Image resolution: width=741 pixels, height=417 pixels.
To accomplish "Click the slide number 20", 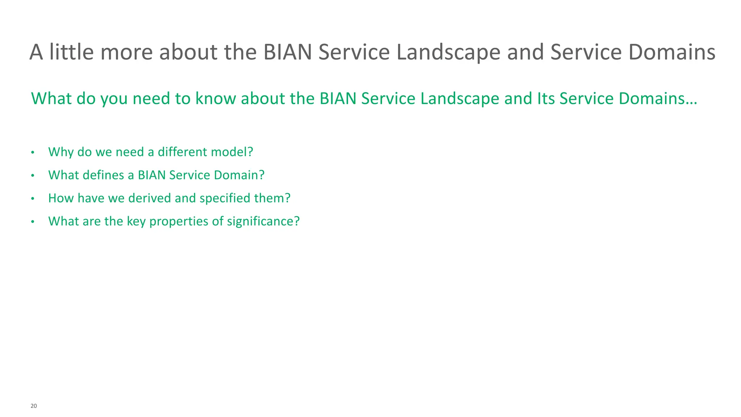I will pos(34,406).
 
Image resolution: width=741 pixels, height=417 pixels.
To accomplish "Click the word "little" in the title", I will pos(71,52).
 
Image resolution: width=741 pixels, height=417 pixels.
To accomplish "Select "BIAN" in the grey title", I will pos(287,52).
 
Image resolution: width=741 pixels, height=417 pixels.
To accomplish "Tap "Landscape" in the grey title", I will pos(448,52).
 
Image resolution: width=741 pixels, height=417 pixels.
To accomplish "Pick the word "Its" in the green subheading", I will pos(546,98).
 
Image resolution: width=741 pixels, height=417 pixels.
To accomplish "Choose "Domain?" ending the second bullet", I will pos(239,175).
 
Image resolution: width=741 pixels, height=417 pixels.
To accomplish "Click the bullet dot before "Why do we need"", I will pos(33,152).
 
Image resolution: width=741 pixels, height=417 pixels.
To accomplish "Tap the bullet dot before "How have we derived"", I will pos(33,199).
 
